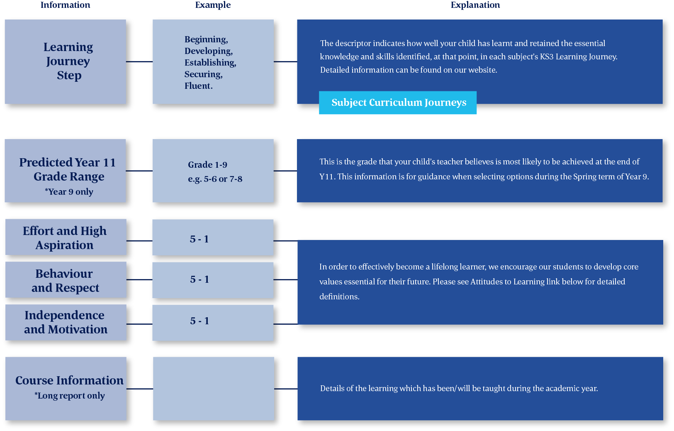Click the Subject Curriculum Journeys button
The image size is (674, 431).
[x=397, y=103]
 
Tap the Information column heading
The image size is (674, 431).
[x=65, y=5]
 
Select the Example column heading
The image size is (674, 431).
[x=213, y=5]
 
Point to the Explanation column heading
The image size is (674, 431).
[x=475, y=5]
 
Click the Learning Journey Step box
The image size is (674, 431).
[x=65, y=62]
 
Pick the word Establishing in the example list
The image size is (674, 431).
[x=210, y=63]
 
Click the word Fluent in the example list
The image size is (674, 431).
[x=198, y=86]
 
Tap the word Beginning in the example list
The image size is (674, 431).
[x=206, y=39]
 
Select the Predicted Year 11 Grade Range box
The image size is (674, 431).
[x=65, y=171]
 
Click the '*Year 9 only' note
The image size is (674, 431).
[x=69, y=191]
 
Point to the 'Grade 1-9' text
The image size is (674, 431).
[x=208, y=165]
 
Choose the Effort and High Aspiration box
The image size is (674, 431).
[x=66, y=237]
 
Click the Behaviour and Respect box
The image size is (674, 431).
[x=66, y=280]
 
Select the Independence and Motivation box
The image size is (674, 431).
[x=66, y=322]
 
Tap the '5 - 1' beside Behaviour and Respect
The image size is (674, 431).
[x=199, y=279]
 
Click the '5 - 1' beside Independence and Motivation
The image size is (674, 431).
[x=199, y=321]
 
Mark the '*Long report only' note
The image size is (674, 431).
[x=70, y=395]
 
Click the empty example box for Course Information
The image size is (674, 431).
[x=214, y=389]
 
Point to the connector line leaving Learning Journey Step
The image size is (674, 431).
[x=139, y=62]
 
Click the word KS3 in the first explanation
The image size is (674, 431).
[x=546, y=56]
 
